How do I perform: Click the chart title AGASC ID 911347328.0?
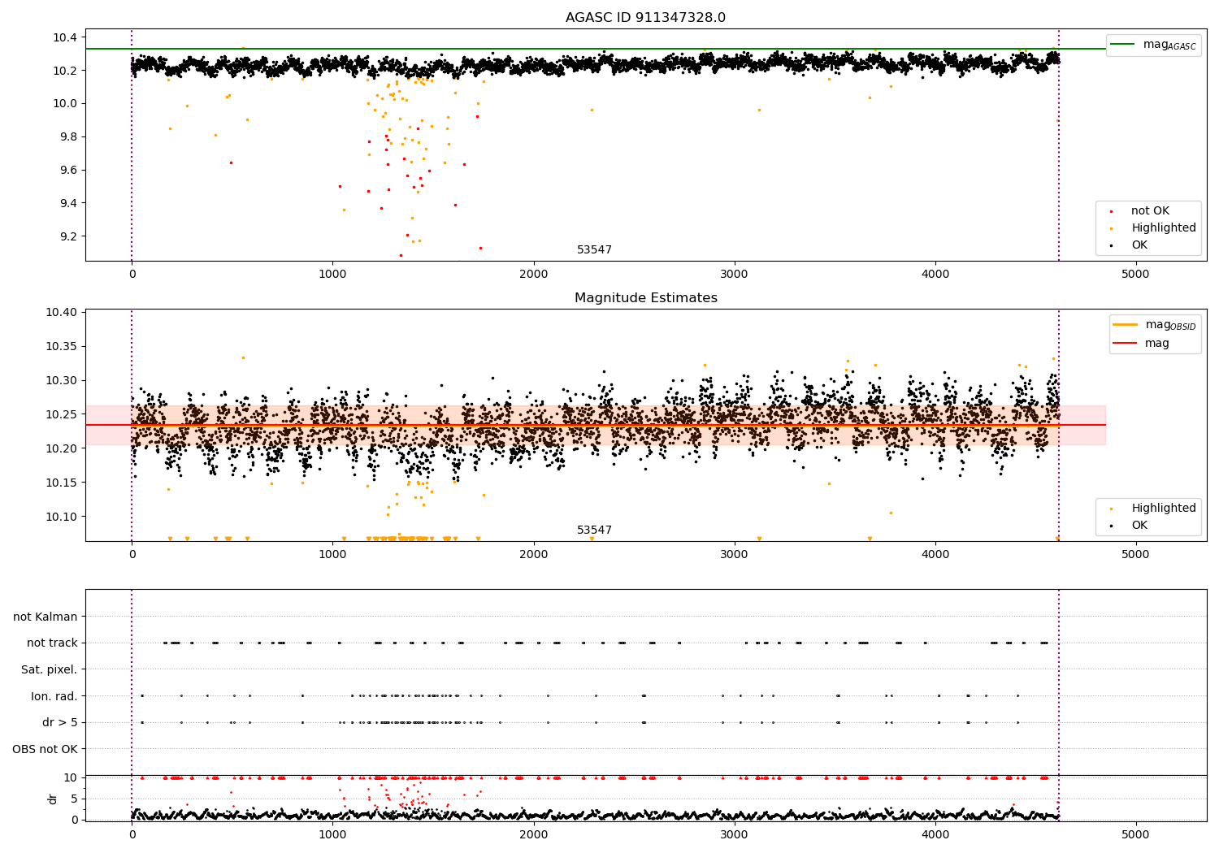tap(645, 18)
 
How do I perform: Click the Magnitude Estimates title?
tap(645, 298)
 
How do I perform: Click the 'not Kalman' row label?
tap(46, 617)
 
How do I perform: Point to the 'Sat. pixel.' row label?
tap(49, 669)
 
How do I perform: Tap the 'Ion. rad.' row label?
tap(54, 696)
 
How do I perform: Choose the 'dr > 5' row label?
tap(59, 722)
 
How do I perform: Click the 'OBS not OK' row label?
tap(45, 749)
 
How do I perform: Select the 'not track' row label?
tap(52, 643)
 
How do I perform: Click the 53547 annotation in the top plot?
tap(594, 250)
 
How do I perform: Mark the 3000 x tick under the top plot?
tap(734, 274)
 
